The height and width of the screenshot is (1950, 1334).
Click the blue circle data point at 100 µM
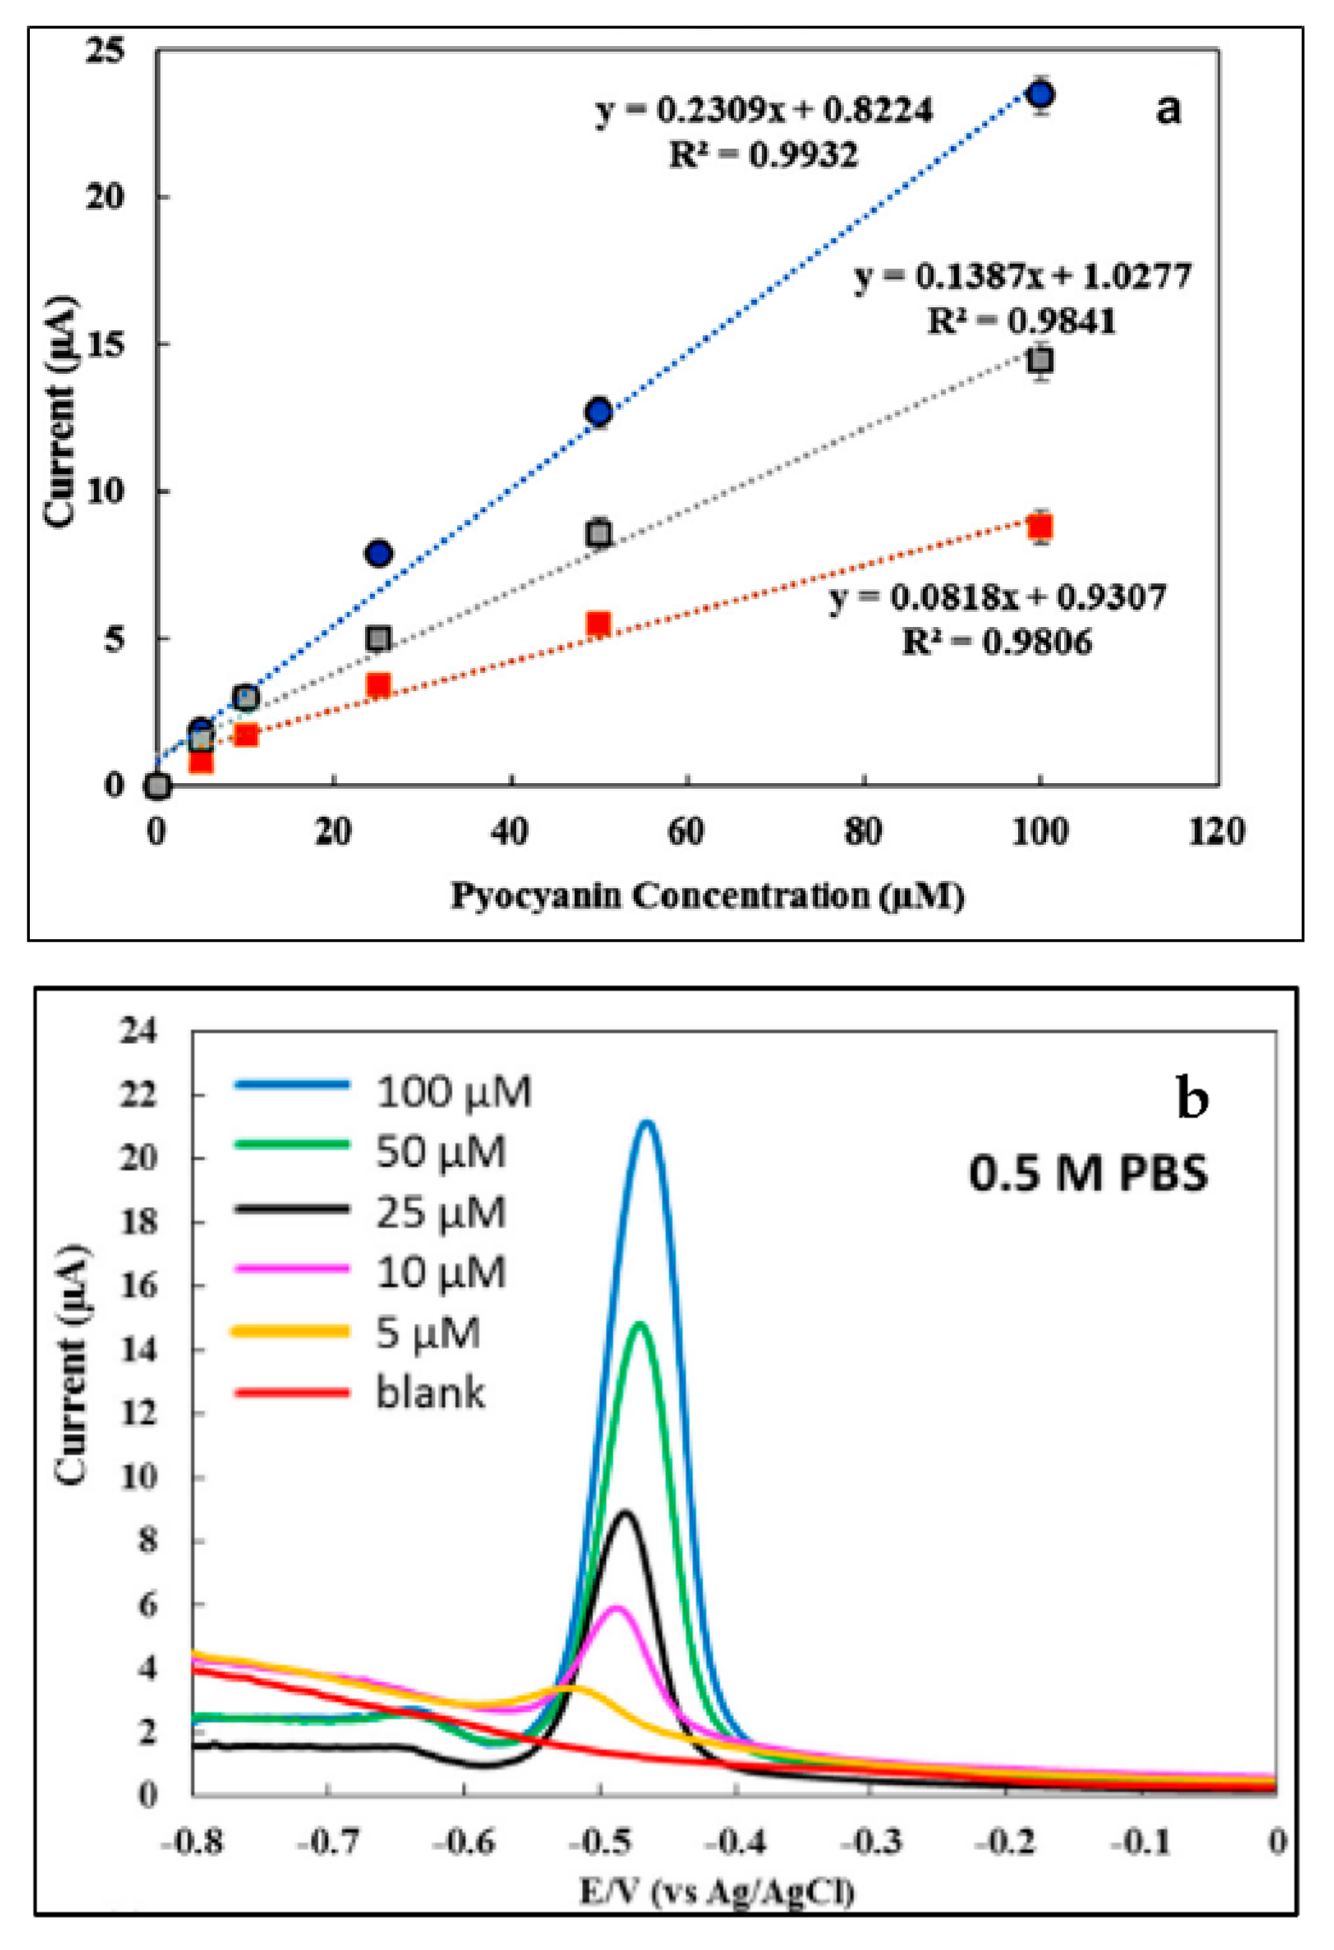(1040, 94)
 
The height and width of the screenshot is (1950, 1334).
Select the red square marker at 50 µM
(598, 623)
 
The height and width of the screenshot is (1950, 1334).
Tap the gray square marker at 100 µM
(1040, 361)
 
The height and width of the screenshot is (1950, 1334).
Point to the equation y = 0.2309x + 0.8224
(764, 110)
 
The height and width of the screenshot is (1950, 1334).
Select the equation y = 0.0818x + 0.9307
(998, 597)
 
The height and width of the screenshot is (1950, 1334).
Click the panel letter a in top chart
(1168, 108)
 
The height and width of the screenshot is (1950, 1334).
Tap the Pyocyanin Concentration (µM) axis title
(707, 896)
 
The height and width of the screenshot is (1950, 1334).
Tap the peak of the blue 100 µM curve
(647, 1123)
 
